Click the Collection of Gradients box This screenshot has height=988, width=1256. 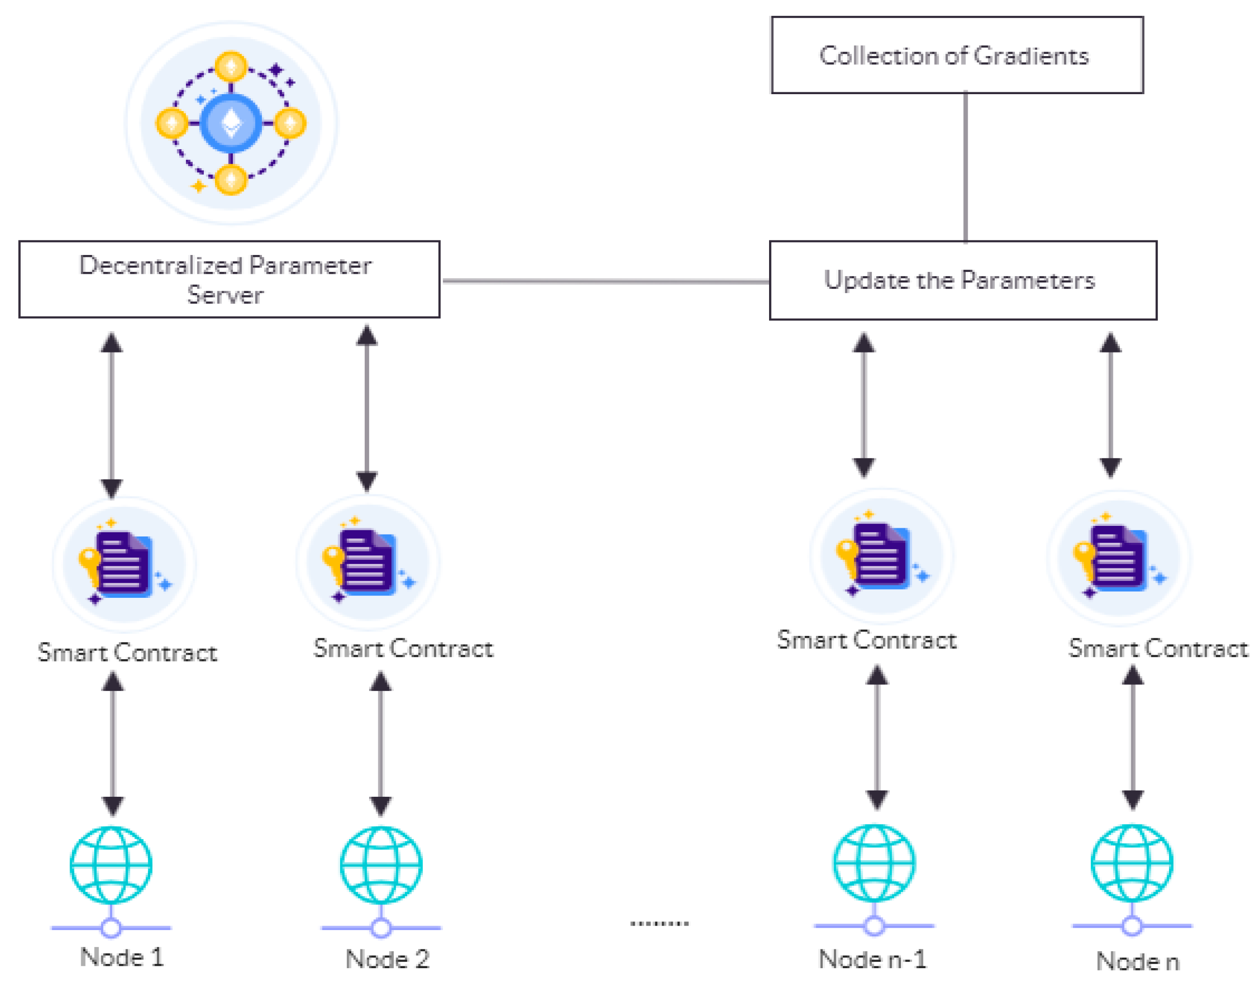pyautogui.click(x=956, y=55)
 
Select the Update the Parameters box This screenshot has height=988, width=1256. pyautogui.click(x=962, y=280)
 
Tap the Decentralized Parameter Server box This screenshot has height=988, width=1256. pyautogui.click(x=229, y=280)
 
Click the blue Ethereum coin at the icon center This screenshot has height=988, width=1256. pyautogui.click(x=231, y=123)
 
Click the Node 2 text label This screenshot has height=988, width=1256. pyautogui.click(x=387, y=960)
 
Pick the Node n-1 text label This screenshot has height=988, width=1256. pyautogui.click(x=872, y=960)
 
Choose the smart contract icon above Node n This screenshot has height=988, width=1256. pyautogui.click(x=1118, y=558)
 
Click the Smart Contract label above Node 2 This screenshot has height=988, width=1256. pyautogui.click(x=403, y=649)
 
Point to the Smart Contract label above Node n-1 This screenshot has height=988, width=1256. pyautogui.click(x=866, y=640)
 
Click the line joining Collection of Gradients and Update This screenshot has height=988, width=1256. pyautogui.click(x=965, y=168)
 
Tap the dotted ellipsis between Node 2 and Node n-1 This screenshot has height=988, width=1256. pyautogui.click(x=659, y=923)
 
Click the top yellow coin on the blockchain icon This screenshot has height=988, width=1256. pyautogui.click(x=231, y=67)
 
